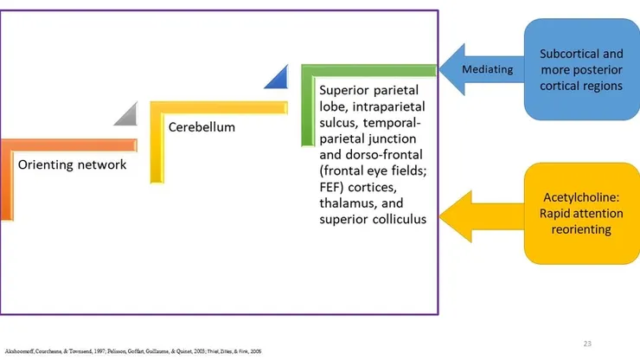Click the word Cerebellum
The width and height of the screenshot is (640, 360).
click(202, 127)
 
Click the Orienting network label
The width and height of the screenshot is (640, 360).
click(73, 164)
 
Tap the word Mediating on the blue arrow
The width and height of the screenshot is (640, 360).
click(487, 69)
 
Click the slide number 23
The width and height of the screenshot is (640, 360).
click(587, 344)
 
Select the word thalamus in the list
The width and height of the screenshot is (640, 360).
click(347, 203)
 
